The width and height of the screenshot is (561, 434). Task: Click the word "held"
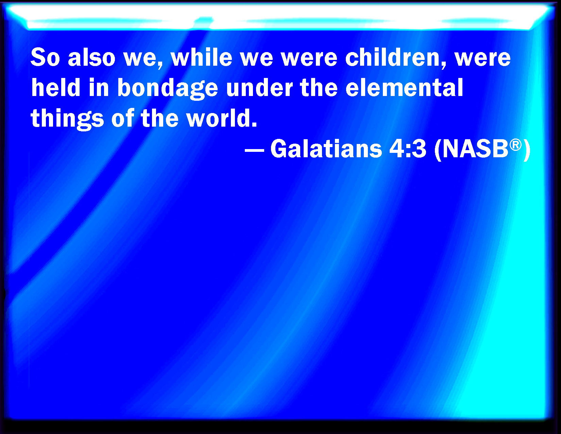click(x=55, y=87)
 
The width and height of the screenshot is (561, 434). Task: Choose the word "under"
click(x=259, y=87)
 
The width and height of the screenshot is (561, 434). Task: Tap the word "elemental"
click(x=404, y=87)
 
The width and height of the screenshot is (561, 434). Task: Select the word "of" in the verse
click(x=123, y=118)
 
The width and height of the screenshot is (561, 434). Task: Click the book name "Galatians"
click(x=326, y=149)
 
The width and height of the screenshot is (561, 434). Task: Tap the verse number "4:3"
click(x=408, y=149)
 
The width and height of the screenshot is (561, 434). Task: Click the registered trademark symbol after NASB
click(x=515, y=145)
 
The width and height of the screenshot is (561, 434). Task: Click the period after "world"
click(x=254, y=124)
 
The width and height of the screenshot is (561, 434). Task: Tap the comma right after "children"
click(x=444, y=65)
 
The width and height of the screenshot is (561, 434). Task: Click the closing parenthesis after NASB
click(x=527, y=150)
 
